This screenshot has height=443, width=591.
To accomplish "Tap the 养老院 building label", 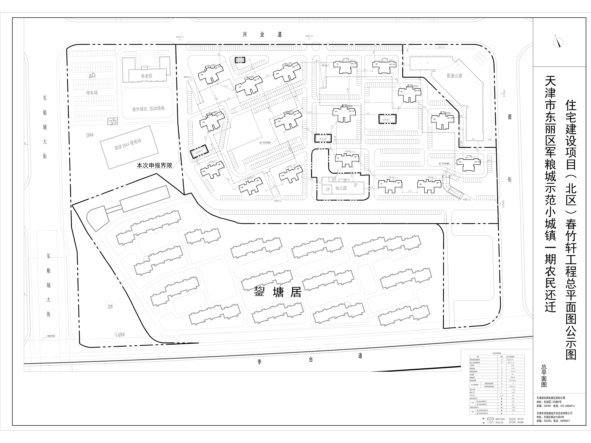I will (146, 76).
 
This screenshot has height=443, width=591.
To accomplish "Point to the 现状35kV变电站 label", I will (128, 145).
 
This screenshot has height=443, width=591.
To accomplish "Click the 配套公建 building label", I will (454, 76).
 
